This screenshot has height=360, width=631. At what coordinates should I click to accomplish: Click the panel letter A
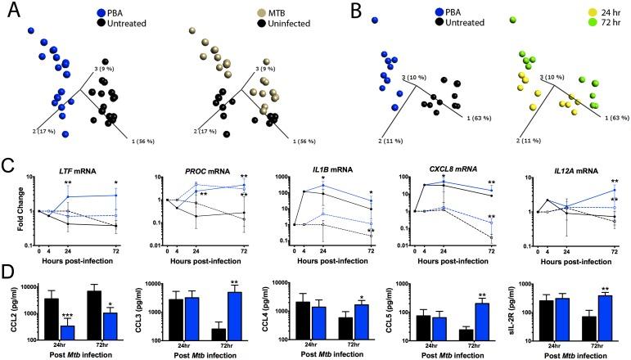click(10, 10)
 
